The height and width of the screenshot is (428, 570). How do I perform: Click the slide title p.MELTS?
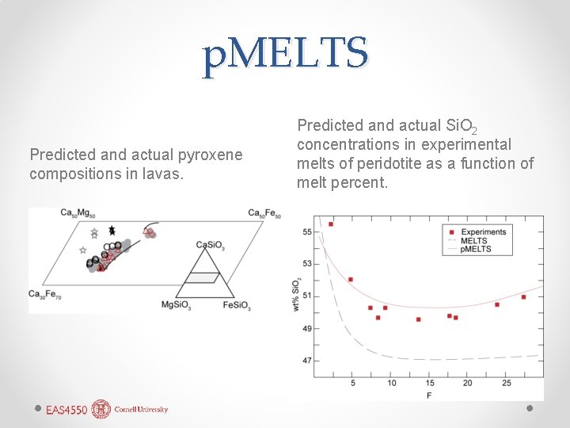(285, 55)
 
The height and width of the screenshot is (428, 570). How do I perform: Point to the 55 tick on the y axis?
(306, 232)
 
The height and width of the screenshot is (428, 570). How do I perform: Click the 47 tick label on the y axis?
(306, 361)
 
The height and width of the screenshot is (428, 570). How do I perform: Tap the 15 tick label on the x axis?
(430, 384)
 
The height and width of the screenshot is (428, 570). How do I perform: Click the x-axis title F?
(428, 395)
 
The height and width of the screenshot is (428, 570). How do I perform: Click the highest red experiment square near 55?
(331, 224)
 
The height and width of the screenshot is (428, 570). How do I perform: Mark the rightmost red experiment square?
(523, 297)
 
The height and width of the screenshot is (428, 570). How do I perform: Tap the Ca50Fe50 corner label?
(264, 212)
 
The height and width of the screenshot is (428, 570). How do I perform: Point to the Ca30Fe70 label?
(45, 294)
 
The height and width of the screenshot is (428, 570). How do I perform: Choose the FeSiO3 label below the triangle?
(237, 305)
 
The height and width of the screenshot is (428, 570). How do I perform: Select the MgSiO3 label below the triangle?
(178, 305)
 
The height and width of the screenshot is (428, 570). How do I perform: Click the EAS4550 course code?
(66, 410)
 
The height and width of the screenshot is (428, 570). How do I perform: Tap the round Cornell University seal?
(101, 409)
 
